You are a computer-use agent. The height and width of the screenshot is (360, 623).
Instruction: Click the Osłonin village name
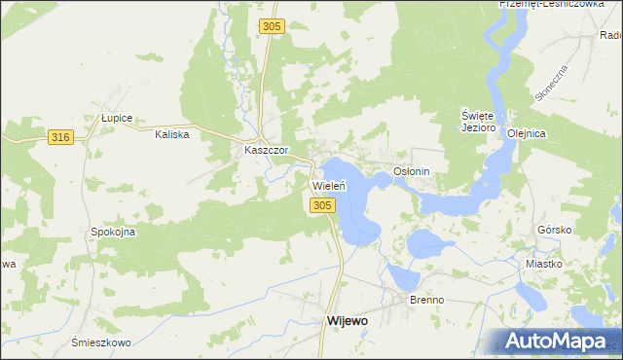[411, 170]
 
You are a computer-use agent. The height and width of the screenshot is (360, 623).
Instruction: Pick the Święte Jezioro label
[479, 121]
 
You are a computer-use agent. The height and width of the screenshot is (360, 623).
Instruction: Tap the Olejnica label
[525, 134]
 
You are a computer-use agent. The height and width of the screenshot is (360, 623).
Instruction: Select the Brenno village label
[426, 300]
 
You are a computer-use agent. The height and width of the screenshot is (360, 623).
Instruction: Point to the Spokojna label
[113, 233]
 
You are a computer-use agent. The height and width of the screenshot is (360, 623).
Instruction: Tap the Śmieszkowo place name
[101, 342]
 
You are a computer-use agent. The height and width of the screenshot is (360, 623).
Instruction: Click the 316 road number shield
[60, 138]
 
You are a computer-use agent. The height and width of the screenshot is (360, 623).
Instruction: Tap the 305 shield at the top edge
[273, 27]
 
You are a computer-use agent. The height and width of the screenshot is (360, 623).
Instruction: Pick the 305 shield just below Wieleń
[324, 204]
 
